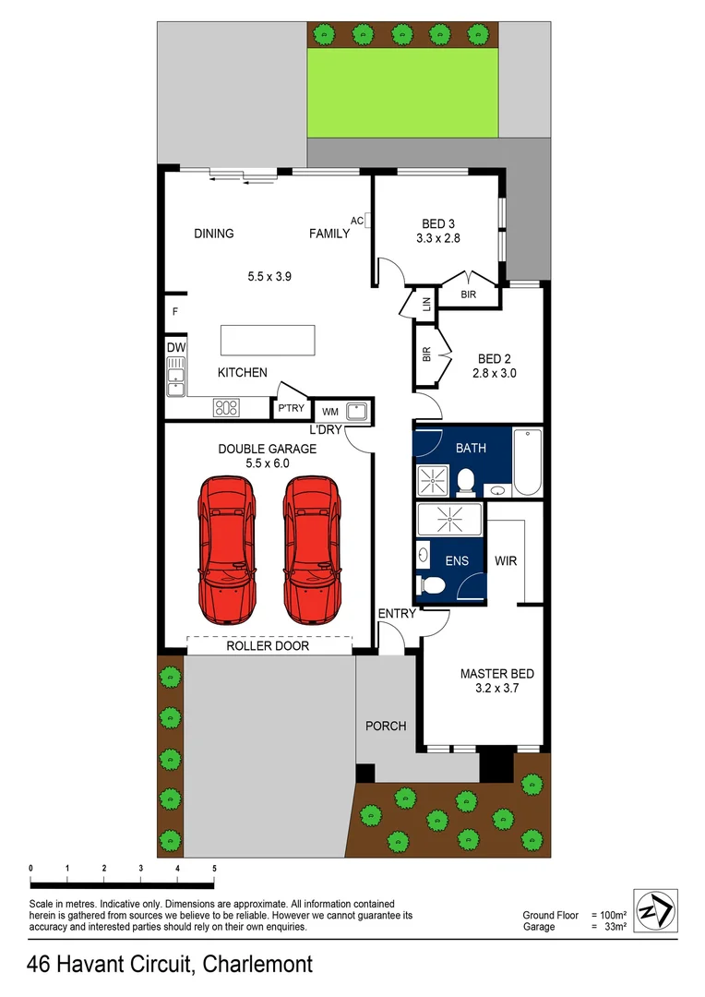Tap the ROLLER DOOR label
tap(268, 646)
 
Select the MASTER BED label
tap(496, 674)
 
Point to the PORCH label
tap(386, 726)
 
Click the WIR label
tap(506, 560)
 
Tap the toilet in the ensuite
tap(431, 583)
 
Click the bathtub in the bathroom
tap(529, 462)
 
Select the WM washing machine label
tap(329, 412)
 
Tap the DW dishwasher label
tap(175, 347)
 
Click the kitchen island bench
tap(266, 340)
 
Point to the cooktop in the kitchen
tap(226, 407)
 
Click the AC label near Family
tap(357, 220)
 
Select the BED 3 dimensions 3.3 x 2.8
tap(439, 238)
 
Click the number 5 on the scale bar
tap(214, 869)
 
